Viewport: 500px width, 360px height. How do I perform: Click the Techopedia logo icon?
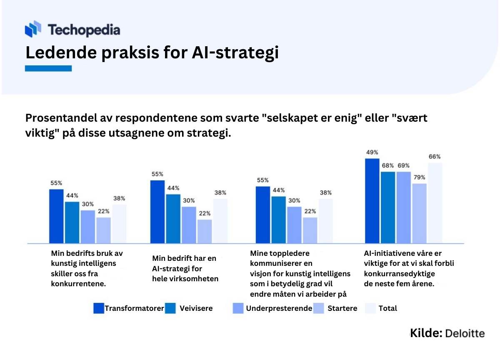33,29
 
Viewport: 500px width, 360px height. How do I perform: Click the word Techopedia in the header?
84,30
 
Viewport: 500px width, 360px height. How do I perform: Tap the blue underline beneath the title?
48,68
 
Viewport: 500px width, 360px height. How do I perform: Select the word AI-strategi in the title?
235,53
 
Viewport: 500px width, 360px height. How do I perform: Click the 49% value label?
372,152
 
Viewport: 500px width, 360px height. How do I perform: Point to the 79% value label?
420,177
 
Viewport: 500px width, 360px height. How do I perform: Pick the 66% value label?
435,157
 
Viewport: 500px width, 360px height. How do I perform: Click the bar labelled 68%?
388,207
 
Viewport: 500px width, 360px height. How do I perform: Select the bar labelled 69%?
404,207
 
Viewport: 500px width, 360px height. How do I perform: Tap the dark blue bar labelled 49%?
372,201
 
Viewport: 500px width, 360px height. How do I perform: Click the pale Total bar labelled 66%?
435,203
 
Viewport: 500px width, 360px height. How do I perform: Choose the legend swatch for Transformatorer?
99,308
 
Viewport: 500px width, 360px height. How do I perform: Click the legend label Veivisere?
196,308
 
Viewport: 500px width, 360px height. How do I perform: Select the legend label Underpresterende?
279,308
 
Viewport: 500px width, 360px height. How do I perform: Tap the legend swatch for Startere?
318,308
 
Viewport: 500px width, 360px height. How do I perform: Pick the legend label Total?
388,308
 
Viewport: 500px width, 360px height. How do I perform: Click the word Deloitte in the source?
465,334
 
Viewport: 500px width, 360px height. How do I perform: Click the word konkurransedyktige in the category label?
399,274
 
